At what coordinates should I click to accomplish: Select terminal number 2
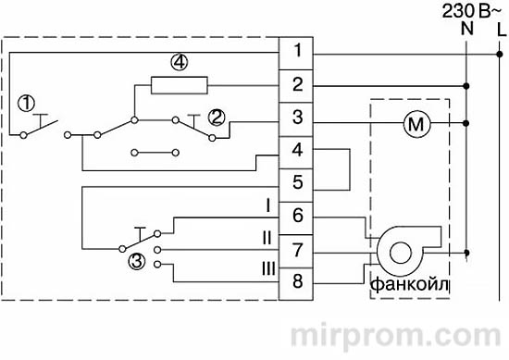click(x=296, y=85)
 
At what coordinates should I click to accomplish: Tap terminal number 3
click(x=296, y=118)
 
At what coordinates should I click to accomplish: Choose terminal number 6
click(x=296, y=216)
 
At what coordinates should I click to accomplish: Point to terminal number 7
click(x=296, y=249)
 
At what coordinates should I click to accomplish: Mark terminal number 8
click(x=296, y=281)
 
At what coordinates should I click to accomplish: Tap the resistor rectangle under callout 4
click(x=180, y=86)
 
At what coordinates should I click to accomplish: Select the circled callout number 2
click(x=217, y=117)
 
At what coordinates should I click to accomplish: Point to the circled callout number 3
click(x=136, y=262)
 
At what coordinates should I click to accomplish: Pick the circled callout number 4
click(x=180, y=63)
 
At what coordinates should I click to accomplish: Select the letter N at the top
click(x=466, y=30)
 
